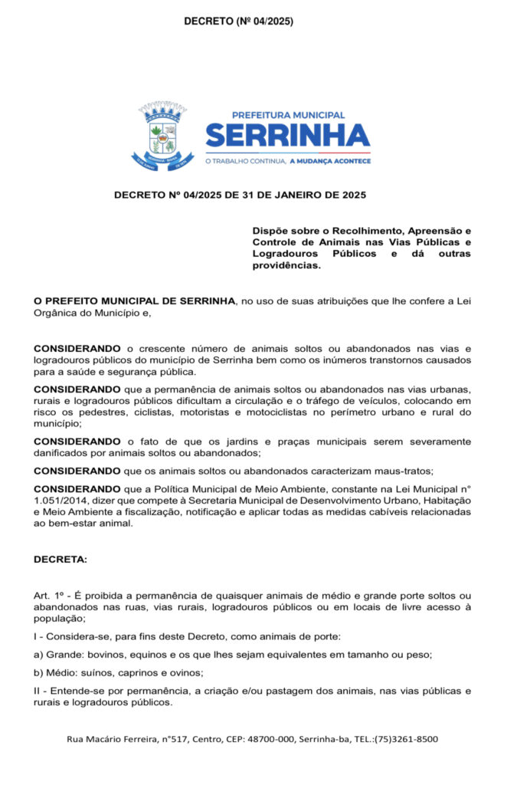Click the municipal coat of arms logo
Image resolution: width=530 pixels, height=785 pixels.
coord(162,136)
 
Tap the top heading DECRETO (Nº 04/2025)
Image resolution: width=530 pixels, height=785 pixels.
coord(238,21)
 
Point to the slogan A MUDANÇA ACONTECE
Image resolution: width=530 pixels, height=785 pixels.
coord(329,161)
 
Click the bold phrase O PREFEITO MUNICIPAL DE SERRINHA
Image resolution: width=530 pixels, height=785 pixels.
coord(134,301)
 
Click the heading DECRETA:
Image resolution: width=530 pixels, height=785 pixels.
coord(61,560)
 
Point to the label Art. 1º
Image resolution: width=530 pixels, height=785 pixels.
coord(51,596)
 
